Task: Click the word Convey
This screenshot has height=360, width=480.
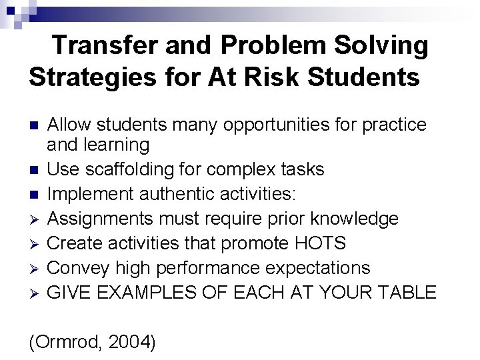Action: [79, 268]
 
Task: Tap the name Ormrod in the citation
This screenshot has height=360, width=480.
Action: [64, 342]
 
